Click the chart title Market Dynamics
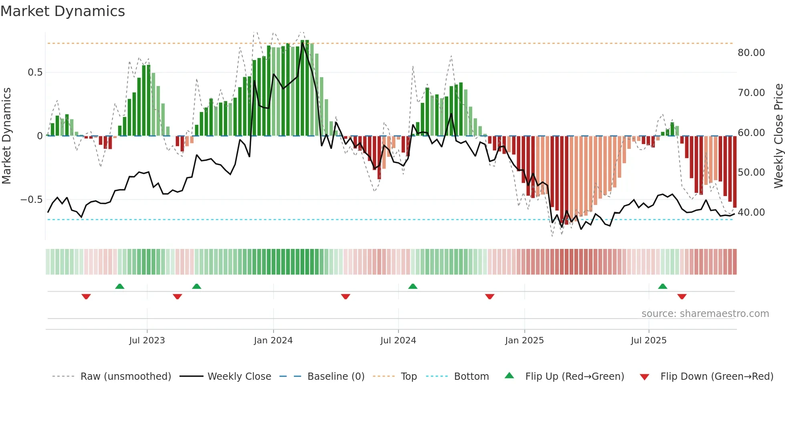(62, 11)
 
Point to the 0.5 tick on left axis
(35, 72)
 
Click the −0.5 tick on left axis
(32, 199)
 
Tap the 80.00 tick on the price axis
(751, 53)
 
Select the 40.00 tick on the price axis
(751, 212)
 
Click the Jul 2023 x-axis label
(147, 341)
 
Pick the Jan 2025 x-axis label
(524, 341)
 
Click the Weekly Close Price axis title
(778, 136)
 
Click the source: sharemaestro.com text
(705, 314)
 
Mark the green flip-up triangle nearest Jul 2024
(413, 286)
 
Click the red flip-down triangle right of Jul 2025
(682, 297)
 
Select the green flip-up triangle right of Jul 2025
(662, 286)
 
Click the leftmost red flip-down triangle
(86, 297)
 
